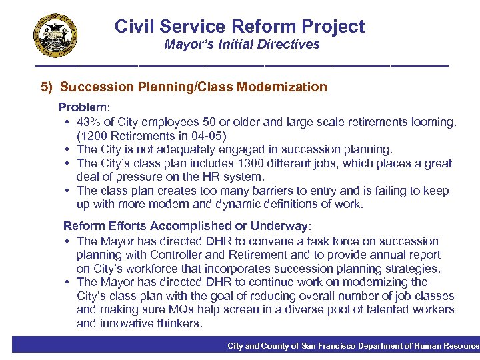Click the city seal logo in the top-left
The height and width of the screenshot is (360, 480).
click(55, 35)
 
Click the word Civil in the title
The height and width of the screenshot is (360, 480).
click(132, 27)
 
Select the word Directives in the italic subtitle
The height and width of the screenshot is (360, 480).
click(291, 45)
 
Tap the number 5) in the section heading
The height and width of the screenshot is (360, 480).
click(47, 87)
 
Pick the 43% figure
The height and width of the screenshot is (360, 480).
click(89, 122)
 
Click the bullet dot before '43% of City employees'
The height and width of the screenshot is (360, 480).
click(69, 123)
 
